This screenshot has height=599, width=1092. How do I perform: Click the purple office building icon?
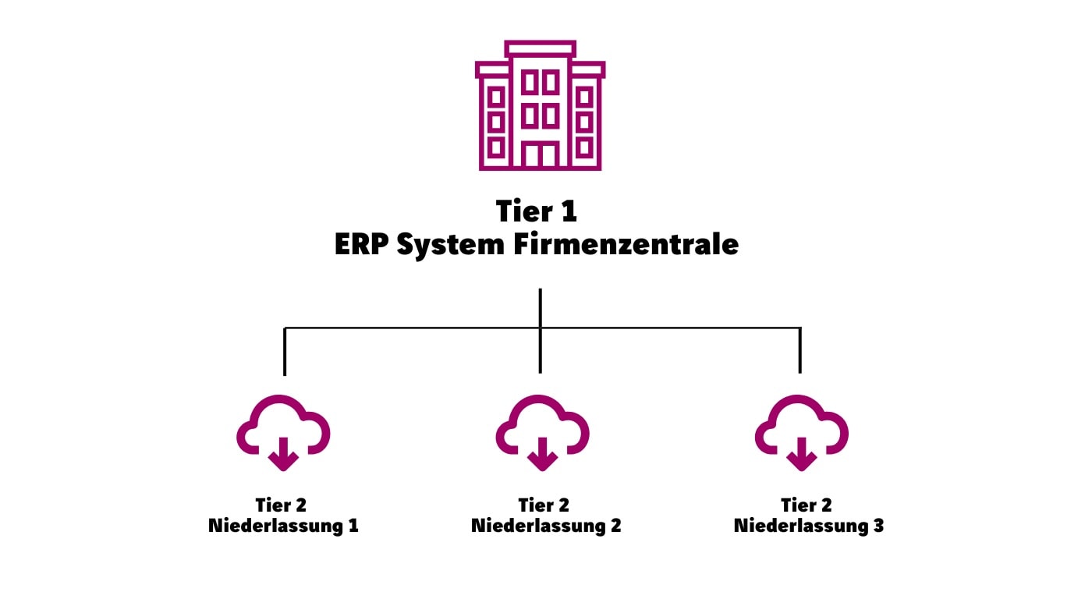(540, 105)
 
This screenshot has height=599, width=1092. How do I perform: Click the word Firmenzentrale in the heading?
(626, 244)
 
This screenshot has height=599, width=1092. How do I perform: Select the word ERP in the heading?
(361, 244)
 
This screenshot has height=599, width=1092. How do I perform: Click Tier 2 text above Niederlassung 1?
(281, 505)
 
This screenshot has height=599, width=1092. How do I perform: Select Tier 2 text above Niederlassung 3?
(807, 505)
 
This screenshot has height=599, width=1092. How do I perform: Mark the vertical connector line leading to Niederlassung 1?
(285, 353)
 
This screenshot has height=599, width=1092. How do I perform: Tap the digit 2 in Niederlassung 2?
(615, 526)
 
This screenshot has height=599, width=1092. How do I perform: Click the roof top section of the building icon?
(541, 49)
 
